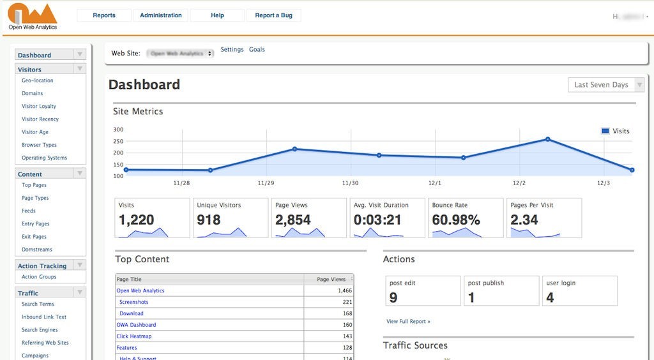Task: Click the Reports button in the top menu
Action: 104,15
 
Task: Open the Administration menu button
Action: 160,15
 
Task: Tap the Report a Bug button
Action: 273,15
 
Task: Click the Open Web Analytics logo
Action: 33,17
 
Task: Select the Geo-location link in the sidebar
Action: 38,80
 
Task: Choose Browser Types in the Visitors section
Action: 39,145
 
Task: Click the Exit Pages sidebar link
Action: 34,237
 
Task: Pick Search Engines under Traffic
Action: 40,330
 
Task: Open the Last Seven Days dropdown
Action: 605,85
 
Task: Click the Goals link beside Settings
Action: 257,49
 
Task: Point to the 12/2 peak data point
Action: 548,139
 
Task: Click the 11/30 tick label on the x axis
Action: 350,183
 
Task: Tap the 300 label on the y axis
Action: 118,130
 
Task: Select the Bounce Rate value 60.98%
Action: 456,220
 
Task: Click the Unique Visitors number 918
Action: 209,220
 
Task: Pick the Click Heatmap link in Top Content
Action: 134,336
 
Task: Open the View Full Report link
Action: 408,321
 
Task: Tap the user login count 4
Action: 550,297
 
